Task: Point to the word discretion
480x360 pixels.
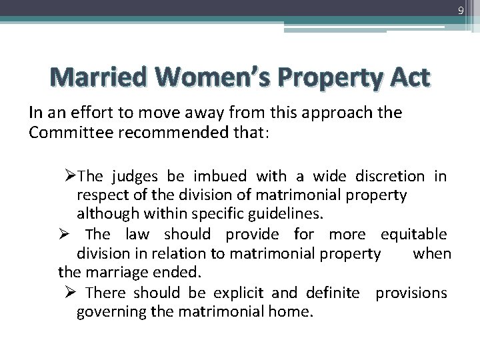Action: click(389, 177)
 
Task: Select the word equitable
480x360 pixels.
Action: click(413, 235)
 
